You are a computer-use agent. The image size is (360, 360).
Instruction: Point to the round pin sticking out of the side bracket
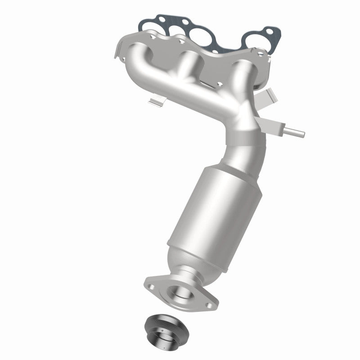pos(295,133)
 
